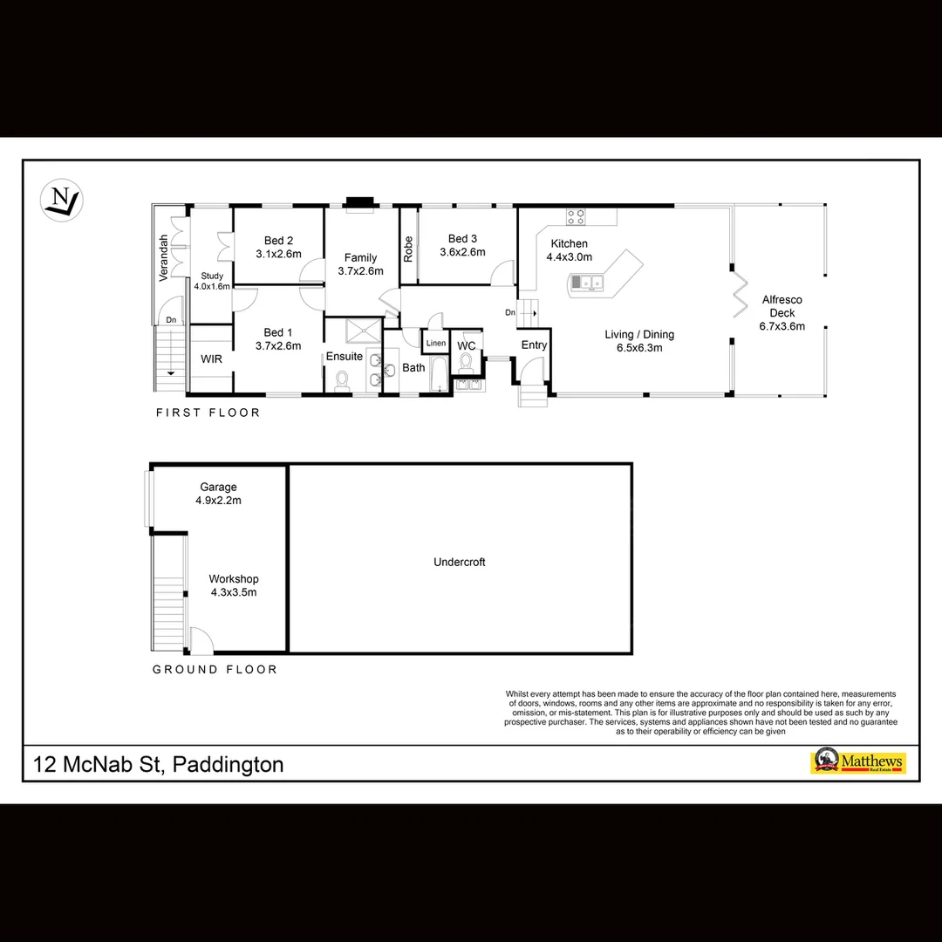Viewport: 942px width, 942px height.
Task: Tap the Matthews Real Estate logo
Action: coord(858,761)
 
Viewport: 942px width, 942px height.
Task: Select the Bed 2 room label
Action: coord(278,241)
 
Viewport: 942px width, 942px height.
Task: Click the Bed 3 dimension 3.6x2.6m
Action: coord(462,252)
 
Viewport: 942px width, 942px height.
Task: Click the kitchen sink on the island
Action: coord(587,282)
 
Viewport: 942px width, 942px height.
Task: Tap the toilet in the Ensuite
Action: coord(342,380)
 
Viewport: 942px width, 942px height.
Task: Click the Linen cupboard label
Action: coord(436,344)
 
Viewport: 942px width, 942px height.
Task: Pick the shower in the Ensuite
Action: coord(358,331)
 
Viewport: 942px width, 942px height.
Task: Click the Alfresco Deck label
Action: coord(782,306)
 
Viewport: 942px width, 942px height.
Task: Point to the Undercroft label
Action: coord(459,563)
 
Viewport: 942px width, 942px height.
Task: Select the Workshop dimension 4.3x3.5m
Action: coord(233,592)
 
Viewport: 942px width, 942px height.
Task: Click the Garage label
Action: coord(218,488)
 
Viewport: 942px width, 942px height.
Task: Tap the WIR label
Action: coord(211,359)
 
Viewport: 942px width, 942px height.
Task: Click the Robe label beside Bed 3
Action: coord(408,249)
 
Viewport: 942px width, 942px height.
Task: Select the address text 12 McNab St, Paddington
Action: coord(158,765)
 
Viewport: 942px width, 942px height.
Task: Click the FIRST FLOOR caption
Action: coord(208,413)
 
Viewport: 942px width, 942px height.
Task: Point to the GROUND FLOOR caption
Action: coord(215,670)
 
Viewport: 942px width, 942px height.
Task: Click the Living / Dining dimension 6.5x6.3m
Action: coord(639,347)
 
